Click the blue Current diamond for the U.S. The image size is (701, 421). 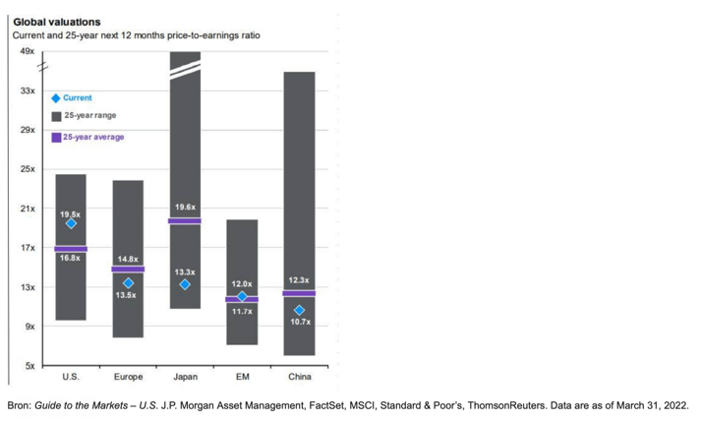(71, 223)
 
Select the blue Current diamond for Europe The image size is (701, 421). (128, 283)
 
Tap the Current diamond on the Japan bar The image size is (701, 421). (185, 285)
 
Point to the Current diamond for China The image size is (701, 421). (300, 311)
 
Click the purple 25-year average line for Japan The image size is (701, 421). (185, 221)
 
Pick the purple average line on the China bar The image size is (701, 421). (300, 293)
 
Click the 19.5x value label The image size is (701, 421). (71, 213)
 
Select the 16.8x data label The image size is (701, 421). (71, 258)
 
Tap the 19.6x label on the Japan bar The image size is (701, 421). (185, 208)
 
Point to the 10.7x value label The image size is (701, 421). (300, 322)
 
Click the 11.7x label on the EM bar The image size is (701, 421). (242, 311)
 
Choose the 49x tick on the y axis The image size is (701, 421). (28, 51)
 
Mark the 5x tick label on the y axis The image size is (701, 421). (29, 366)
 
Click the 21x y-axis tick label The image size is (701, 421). (28, 209)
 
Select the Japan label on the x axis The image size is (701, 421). (185, 377)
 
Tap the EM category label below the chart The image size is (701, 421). (242, 377)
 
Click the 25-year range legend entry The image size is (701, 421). (89, 116)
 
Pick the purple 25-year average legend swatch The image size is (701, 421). (56, 138)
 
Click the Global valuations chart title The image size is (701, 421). (56, 22)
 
